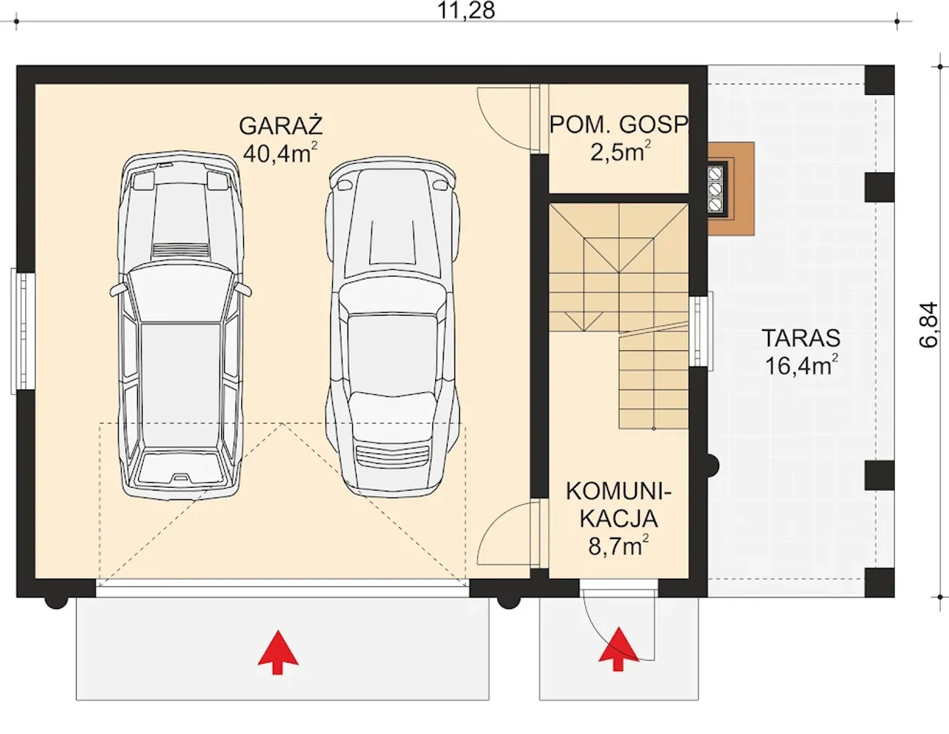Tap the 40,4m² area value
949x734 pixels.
tap(280, 153)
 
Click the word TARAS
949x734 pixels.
tap(801, 338)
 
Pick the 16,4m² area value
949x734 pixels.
tap(801, 365)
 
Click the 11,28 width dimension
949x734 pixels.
tap(466, 10)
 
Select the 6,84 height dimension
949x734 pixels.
tap(928, 325)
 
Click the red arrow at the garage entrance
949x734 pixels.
tap(278, 652)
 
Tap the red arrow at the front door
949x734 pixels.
tap(618, 649)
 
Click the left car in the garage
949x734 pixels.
tap(180, 326)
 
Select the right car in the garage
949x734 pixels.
tap(393, 326)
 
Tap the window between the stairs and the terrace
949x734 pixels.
tap(701, 331)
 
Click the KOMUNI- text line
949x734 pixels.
tap(618, 492)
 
